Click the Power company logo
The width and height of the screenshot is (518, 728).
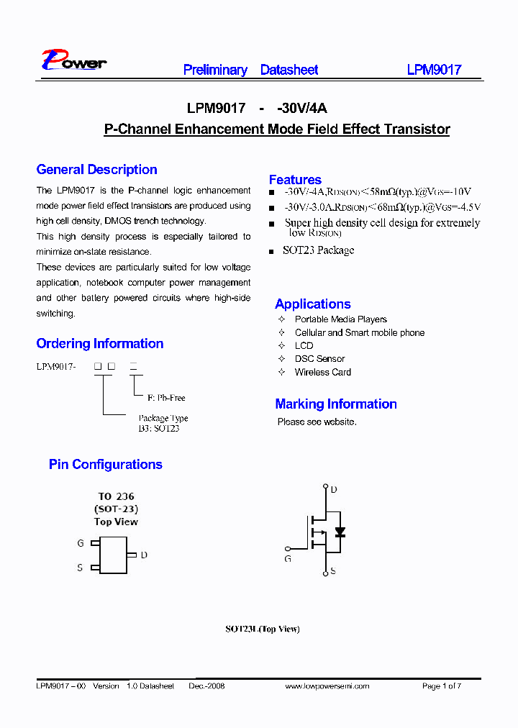click(x=74, y=60)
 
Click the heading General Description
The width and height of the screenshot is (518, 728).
click(x=96, y=170)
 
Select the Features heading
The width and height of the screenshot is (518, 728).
click(x=295, y=180)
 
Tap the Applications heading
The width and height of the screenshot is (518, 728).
click(x=313, y=304)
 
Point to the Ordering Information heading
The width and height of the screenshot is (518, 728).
click(x=100, y=343)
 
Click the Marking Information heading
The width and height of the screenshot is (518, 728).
click(x=336, y=404)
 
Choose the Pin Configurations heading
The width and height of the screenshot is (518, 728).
click(x=106, y=464)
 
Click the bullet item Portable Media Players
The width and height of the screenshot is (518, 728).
click(x=340, y=319)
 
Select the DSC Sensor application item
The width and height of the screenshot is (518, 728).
click(x=319, y=358)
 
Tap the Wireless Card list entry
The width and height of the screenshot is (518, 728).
click(x=322, y=372)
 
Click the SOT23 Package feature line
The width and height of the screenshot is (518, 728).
click(x=319, y=250)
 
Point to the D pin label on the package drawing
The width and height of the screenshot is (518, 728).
click(x=144, y=555)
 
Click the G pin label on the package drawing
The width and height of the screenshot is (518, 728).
click(x=81, y=544)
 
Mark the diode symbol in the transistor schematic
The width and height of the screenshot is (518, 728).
click(x=340, y=532)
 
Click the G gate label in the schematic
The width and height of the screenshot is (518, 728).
click(x=288, y=558)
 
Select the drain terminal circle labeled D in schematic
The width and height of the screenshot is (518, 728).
click(x=325, y=487)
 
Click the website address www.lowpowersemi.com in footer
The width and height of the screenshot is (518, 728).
click(x=327, y=686)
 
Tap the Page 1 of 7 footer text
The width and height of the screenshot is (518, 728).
click(x=441, y=686)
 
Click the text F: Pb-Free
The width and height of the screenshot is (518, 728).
click(x=166, y=398)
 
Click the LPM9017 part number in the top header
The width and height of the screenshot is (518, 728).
click(x=434, y=70)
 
